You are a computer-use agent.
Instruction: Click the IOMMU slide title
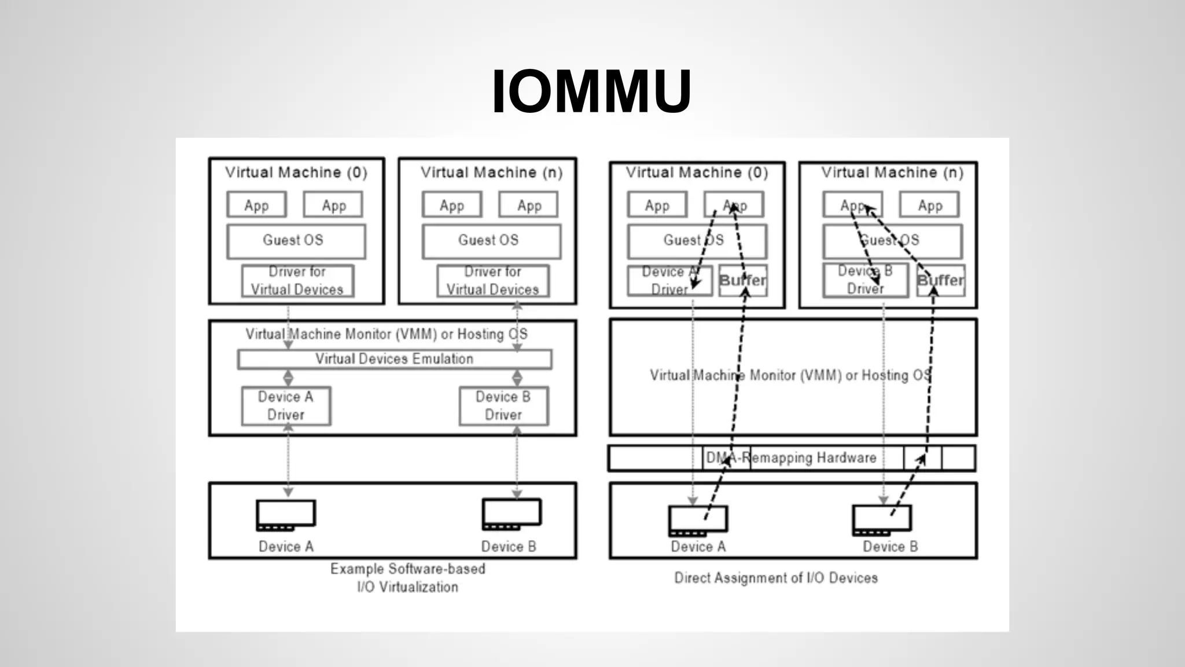coord(591,91)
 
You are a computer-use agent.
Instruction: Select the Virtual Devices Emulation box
coord(394,359)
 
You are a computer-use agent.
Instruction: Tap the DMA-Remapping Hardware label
coord(791,458)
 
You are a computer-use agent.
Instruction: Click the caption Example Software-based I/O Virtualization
coord(407,578)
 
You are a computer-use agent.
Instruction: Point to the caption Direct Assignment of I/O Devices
coord(775,578)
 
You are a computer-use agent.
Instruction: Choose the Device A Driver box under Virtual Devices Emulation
coord(286,406)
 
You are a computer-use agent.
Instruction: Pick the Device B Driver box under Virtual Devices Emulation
coord(503,406)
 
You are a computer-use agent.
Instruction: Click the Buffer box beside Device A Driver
coord(743,281)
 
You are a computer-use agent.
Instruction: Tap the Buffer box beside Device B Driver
coord(941,281)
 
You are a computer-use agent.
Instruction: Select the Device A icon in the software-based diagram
coord(286,515)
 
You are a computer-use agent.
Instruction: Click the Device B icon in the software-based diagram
coord(511,514)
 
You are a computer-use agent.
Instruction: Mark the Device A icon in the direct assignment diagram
coord(698,520)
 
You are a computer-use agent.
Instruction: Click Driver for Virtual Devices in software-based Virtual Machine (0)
coord(297,281)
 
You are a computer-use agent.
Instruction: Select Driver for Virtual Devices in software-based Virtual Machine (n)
coord(493,281)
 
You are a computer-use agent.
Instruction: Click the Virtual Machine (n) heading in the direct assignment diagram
coord(892,173)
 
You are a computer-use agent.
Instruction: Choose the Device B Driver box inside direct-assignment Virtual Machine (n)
coord(865,281)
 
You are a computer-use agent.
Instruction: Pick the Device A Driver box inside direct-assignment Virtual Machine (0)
coord(669,281)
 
